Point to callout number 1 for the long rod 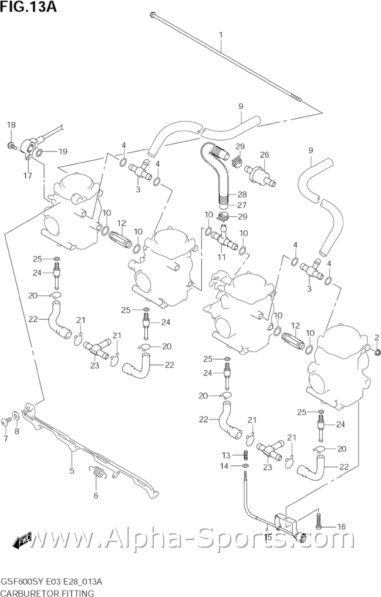(221, 35)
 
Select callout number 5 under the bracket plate (72, 470)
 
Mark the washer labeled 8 (16, 417)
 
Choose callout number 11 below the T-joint (222, 257)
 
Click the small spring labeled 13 (247, 455)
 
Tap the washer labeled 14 (245, 466)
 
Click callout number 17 (27, 175)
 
